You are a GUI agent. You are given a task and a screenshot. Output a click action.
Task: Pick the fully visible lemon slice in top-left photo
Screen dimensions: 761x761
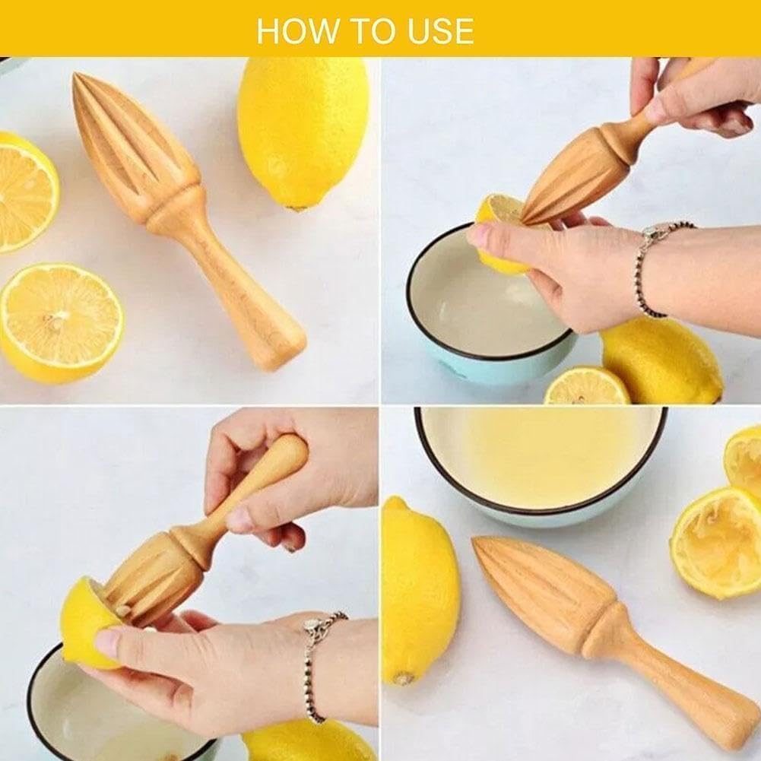pos(61,323)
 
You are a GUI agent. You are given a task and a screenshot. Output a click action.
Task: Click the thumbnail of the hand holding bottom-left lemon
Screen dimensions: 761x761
pos(106,644)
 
